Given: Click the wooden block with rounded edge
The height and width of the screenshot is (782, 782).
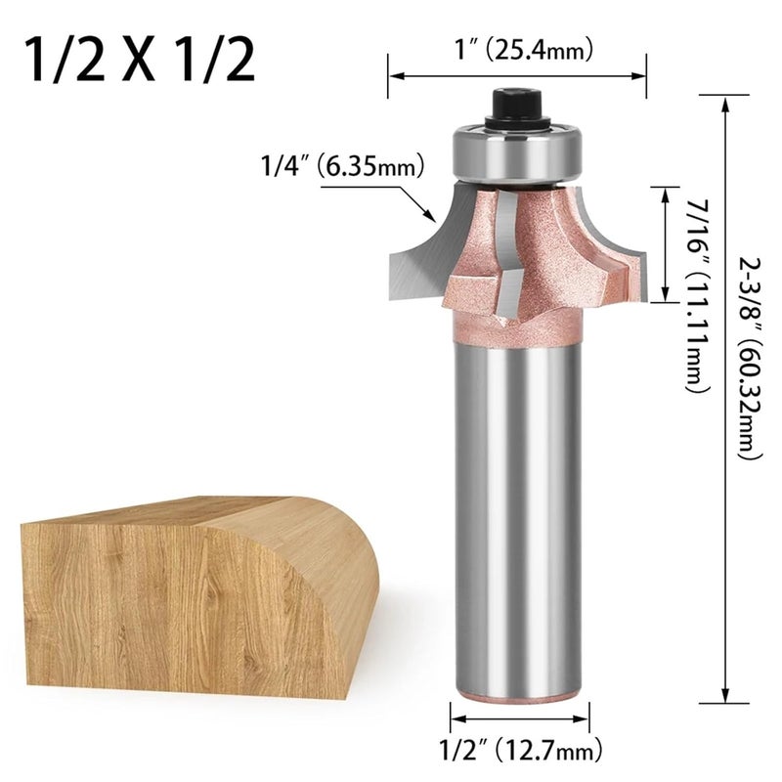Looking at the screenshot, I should [195, 586].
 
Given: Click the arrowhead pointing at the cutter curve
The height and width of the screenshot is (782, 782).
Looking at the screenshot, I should [427, 213].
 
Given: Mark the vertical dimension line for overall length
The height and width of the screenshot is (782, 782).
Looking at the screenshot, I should [725, 391].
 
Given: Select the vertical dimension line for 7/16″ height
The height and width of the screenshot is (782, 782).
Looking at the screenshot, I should [667, 244].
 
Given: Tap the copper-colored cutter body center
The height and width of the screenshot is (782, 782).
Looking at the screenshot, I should [533, 244].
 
